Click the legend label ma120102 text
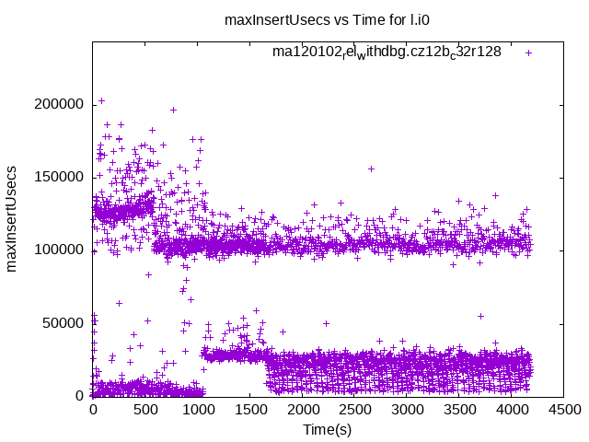point(387,52)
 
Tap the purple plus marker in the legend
point(528,52)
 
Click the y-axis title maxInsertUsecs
point(13,219)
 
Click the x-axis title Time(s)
point(328,429)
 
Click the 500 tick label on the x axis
point(144,409)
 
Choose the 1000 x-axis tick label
point(197,409)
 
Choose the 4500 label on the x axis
point(564,409)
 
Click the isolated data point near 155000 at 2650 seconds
point(371,169)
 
